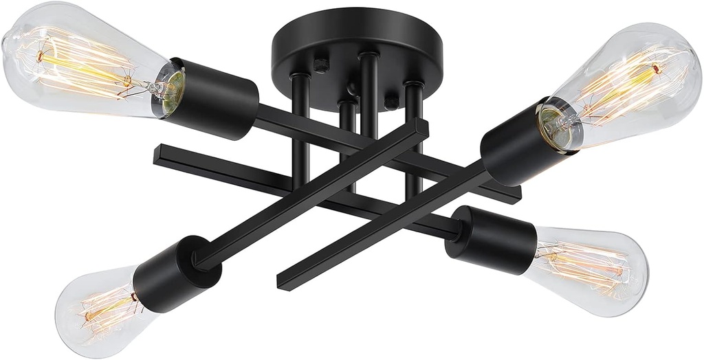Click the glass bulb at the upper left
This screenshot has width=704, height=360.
(x=76, y=62)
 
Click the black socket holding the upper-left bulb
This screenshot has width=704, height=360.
(x=213, y=100)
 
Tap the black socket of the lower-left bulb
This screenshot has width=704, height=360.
(x=168, y=275)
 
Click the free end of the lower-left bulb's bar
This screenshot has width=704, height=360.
(x=421, y=127)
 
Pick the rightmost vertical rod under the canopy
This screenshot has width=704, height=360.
(x=413, y=137)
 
